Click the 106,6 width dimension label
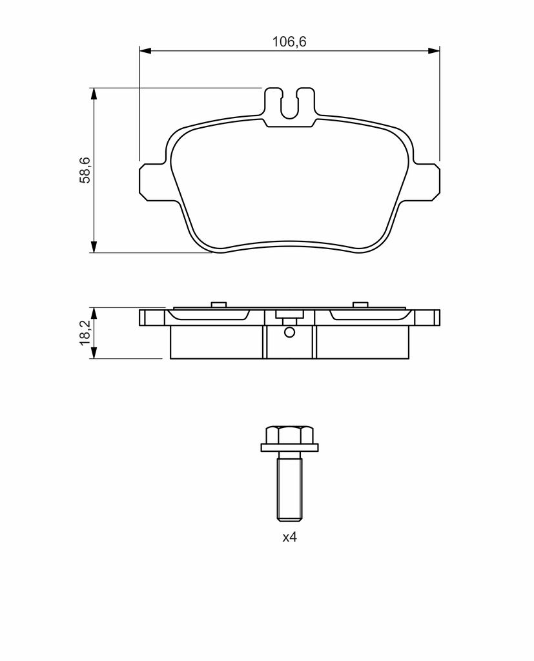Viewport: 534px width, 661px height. point(289,42)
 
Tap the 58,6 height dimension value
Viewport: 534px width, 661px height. point(86,170)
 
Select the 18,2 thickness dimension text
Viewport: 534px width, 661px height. point(86,332)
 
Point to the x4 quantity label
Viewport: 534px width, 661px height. point(289,537)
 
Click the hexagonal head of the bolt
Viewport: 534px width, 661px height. point(289,434)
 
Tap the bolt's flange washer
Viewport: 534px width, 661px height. point(289,447)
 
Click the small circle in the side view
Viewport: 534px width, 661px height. point(289,332)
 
